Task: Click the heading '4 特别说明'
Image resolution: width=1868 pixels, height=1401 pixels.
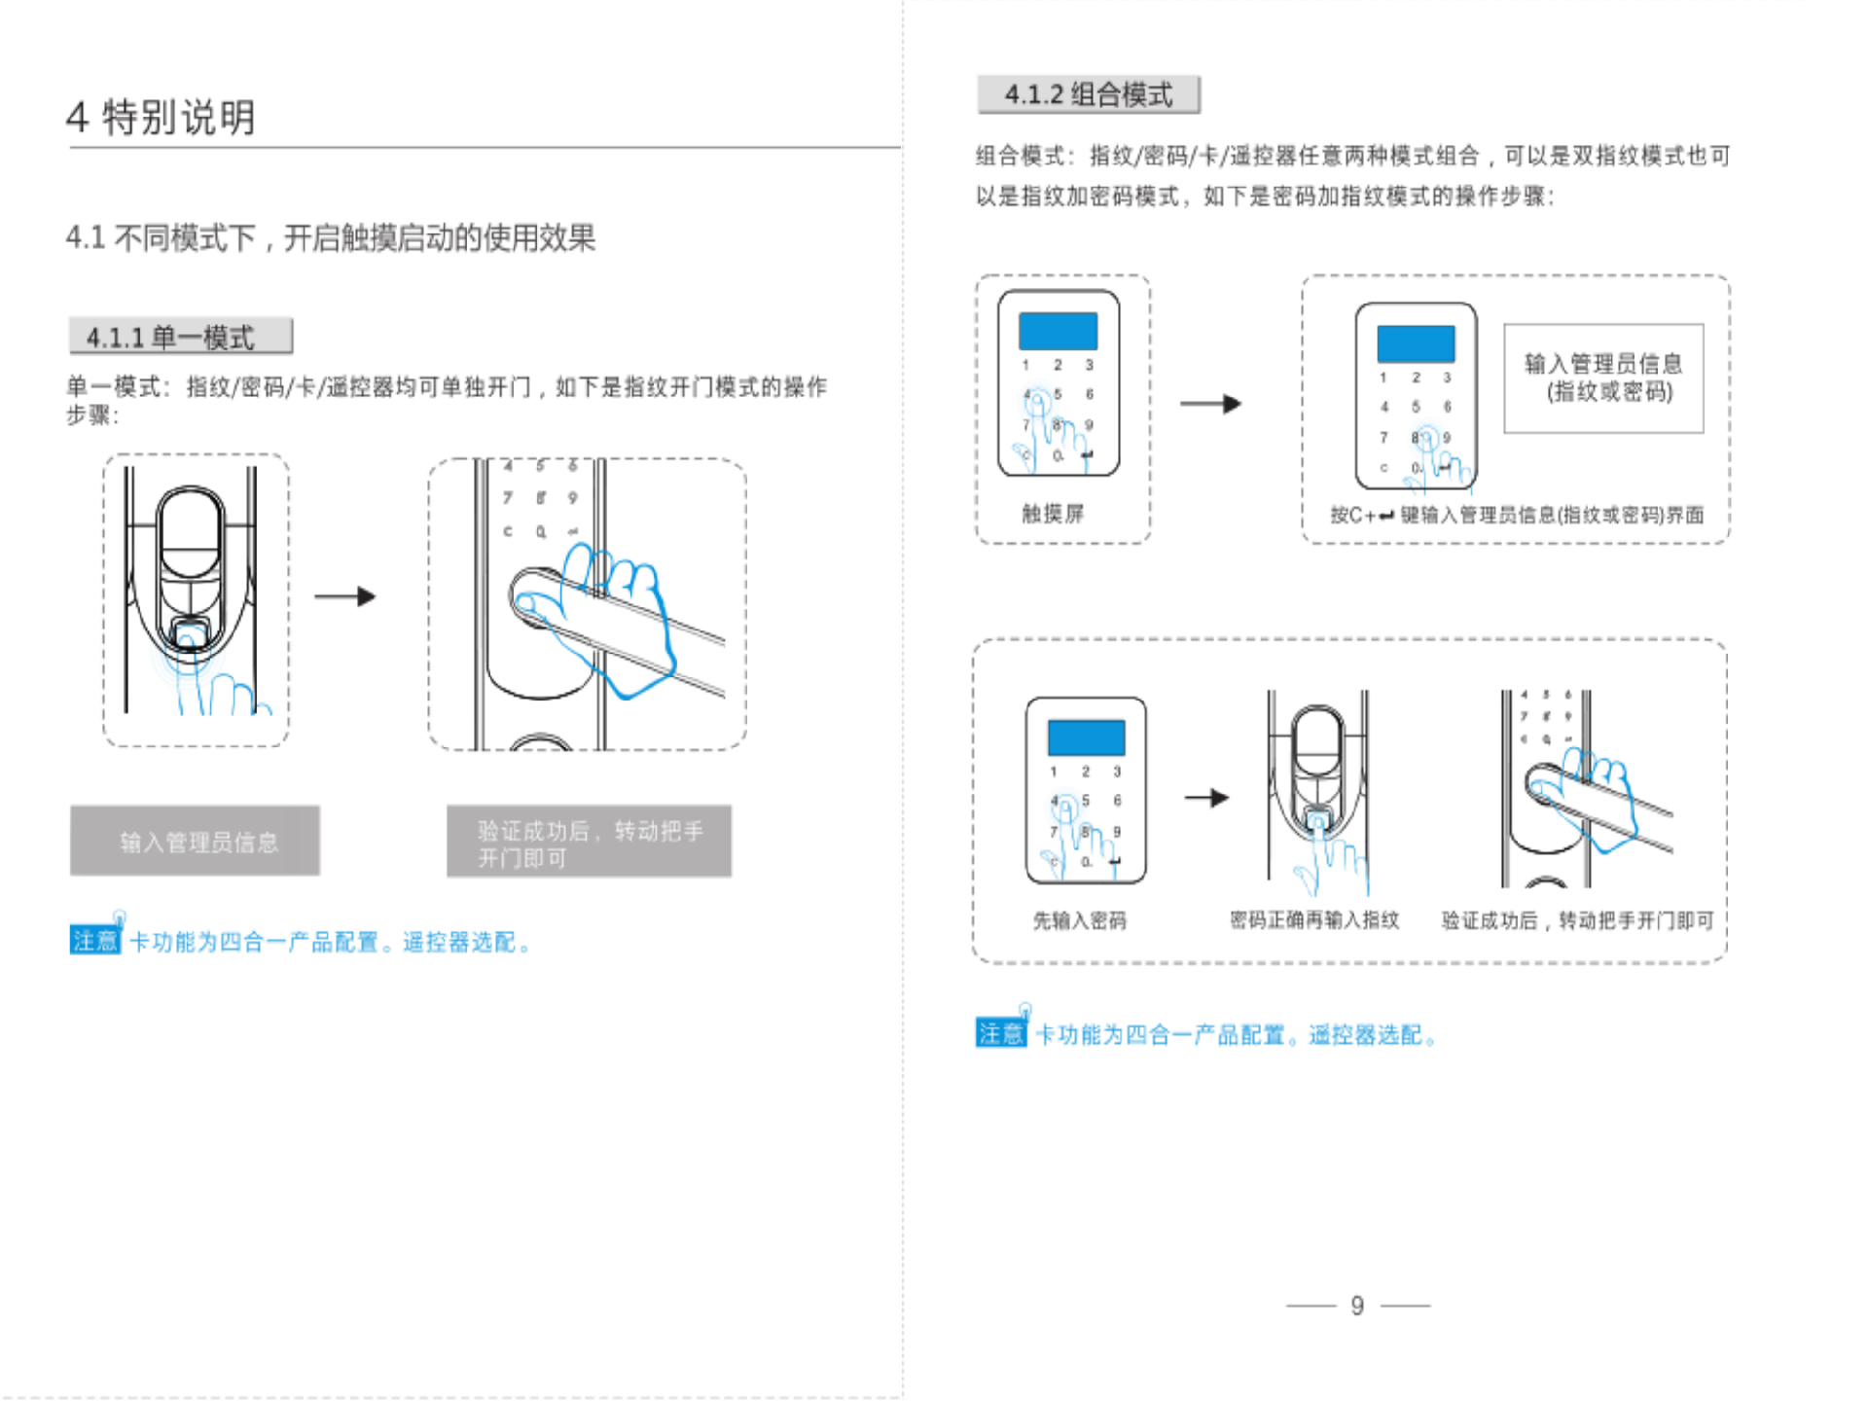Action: (x=161, y=117)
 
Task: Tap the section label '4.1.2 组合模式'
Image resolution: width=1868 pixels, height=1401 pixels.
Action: (x=1089, y=94)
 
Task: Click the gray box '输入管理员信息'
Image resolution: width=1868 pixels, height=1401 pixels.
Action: (x=196, y=842)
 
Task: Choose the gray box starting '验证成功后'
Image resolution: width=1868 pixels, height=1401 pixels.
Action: (x=589, y=843)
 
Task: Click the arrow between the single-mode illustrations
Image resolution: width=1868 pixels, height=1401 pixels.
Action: (x=345, y=596)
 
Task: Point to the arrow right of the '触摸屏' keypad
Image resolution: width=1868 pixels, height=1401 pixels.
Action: (x=1210, y=404)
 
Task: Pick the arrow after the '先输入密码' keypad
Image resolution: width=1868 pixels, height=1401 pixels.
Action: (x=1206, y=798)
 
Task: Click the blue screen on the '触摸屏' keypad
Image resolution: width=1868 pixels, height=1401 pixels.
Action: (x=1058, y=331)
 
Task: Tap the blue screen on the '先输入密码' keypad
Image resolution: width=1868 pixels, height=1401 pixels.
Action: (x=1086, y=737)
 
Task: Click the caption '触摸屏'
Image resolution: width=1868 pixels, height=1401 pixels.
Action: (x=1053, y=514)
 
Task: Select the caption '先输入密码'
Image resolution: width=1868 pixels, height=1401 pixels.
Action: (x=1080, y=920)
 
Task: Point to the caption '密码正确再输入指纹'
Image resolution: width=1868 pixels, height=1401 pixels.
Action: (x=1314, y=920)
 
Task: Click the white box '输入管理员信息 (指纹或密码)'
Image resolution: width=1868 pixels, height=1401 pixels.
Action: (x=1603, y=378)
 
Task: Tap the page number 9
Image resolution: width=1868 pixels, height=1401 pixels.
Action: (x=1357, y=1306)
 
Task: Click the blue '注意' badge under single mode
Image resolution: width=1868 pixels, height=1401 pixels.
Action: (x=94, y=941)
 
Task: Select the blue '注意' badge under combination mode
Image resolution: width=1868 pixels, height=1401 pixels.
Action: (x=1000, y=1033)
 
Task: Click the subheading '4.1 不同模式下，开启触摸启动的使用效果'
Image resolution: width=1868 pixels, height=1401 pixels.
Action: (x=331, y=237)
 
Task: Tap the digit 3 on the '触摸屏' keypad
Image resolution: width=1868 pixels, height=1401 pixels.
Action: (x=1090, y=365)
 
